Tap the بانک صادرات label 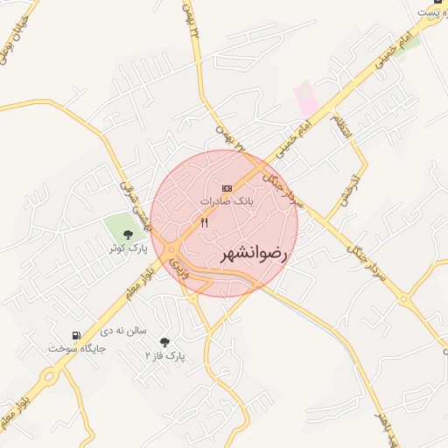click(227, 201)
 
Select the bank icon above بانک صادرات click(227, 188)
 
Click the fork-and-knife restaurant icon click(205, 222)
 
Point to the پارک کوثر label click(128, 248)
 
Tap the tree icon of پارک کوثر click(129, 234)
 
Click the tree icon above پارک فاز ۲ click(165, 342)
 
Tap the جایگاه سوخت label click(77, 348)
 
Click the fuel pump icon click(77, 335)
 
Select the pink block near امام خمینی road click(306, 99)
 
